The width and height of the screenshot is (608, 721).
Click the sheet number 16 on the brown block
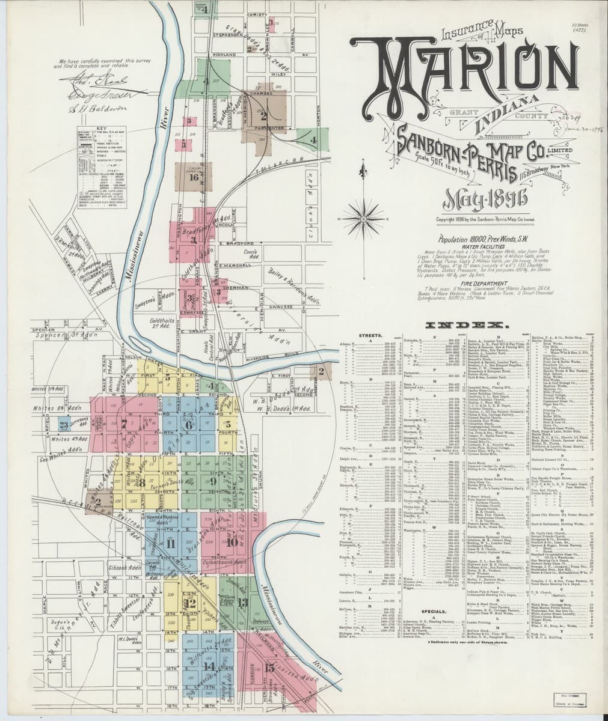point(193,177)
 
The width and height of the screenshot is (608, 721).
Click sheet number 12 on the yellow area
point(192,603)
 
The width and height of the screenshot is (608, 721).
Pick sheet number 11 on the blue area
point(171,544)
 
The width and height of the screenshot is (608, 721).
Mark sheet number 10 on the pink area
point(232,541)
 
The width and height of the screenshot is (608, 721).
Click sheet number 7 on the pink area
point(124,424)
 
